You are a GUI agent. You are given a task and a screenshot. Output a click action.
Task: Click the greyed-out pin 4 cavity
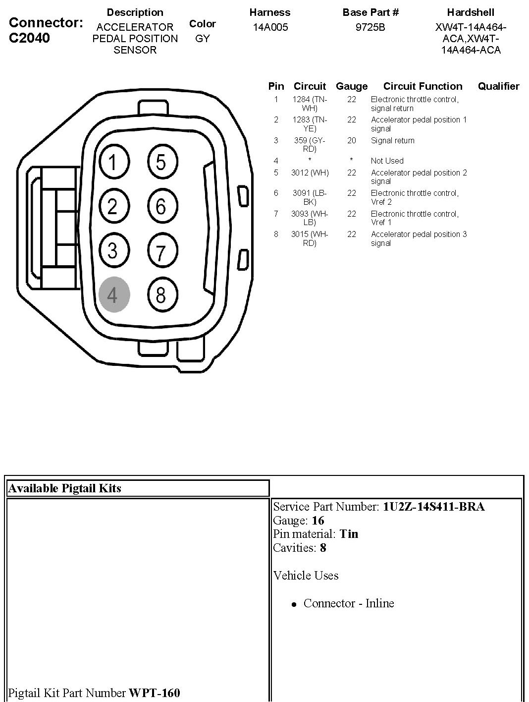pyautogui.click(x=114, y=294)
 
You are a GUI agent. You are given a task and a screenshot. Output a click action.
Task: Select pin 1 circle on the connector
pyautogui.click(x=113, y=162)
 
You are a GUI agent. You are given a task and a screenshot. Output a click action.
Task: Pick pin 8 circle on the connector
pyautogui.click(x=161, y=294)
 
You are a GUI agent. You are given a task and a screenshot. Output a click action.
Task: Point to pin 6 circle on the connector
pyautogui.click(x=161, y=206)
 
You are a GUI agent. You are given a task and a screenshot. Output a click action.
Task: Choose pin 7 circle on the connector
pyautogui.click(x=161, y=251)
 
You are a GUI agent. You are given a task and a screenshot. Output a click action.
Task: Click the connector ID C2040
pyautogui.click(x=29, y=38)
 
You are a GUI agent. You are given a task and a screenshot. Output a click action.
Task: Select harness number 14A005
pyautogui.click(x=270, y=27)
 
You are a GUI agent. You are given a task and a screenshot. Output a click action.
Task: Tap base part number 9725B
pyautogui.click(x=370, y=27)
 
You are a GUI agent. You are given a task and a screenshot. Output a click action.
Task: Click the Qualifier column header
pyautogui.click(x=498, y=86)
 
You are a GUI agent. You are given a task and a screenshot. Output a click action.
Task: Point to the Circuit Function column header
pyautogui.click(x=423, y=86)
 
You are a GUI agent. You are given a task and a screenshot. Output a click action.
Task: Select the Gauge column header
pyautogui.click(x=352, y=86)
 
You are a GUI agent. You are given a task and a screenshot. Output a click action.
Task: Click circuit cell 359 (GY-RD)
pyautogui.click(x=310, y=144)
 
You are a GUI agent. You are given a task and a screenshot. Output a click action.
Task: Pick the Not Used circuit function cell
pyautogui.click(x=387, y=161)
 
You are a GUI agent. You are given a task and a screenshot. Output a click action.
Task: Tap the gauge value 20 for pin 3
pyautogui.click(x=352, y=140)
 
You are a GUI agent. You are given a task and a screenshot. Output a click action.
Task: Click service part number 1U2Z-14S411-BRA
pyautogui.click(x=433, y=507)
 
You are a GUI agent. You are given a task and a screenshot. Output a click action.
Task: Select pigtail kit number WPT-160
pyautogui.click(x=154, y=693)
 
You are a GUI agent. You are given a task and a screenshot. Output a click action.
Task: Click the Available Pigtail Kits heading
pyautogui.click(x=65, y=488)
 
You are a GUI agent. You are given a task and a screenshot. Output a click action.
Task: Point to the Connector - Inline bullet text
pyautogui.click(x=349, y=603)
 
